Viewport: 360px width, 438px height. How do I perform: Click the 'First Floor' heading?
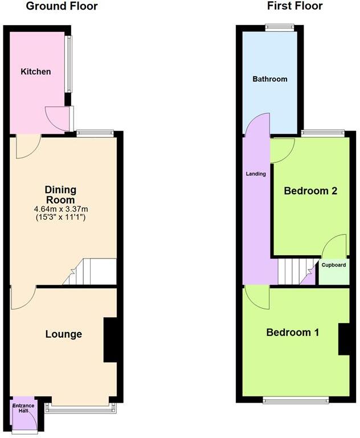click(294, 6)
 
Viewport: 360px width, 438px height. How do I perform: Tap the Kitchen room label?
click(36, 72)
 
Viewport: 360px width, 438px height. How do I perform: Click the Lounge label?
click(63, 334)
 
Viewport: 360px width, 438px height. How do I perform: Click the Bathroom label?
click(270, 79)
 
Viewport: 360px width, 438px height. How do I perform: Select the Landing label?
click(256, 174)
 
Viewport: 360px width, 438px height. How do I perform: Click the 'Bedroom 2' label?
click(310, 191)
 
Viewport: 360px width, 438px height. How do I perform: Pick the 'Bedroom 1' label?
click(292, 332)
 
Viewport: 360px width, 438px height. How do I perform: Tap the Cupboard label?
click(333, 265)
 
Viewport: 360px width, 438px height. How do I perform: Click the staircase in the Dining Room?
click(91, 272)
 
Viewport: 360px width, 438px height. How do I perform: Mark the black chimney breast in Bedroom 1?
click(345, 339)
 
